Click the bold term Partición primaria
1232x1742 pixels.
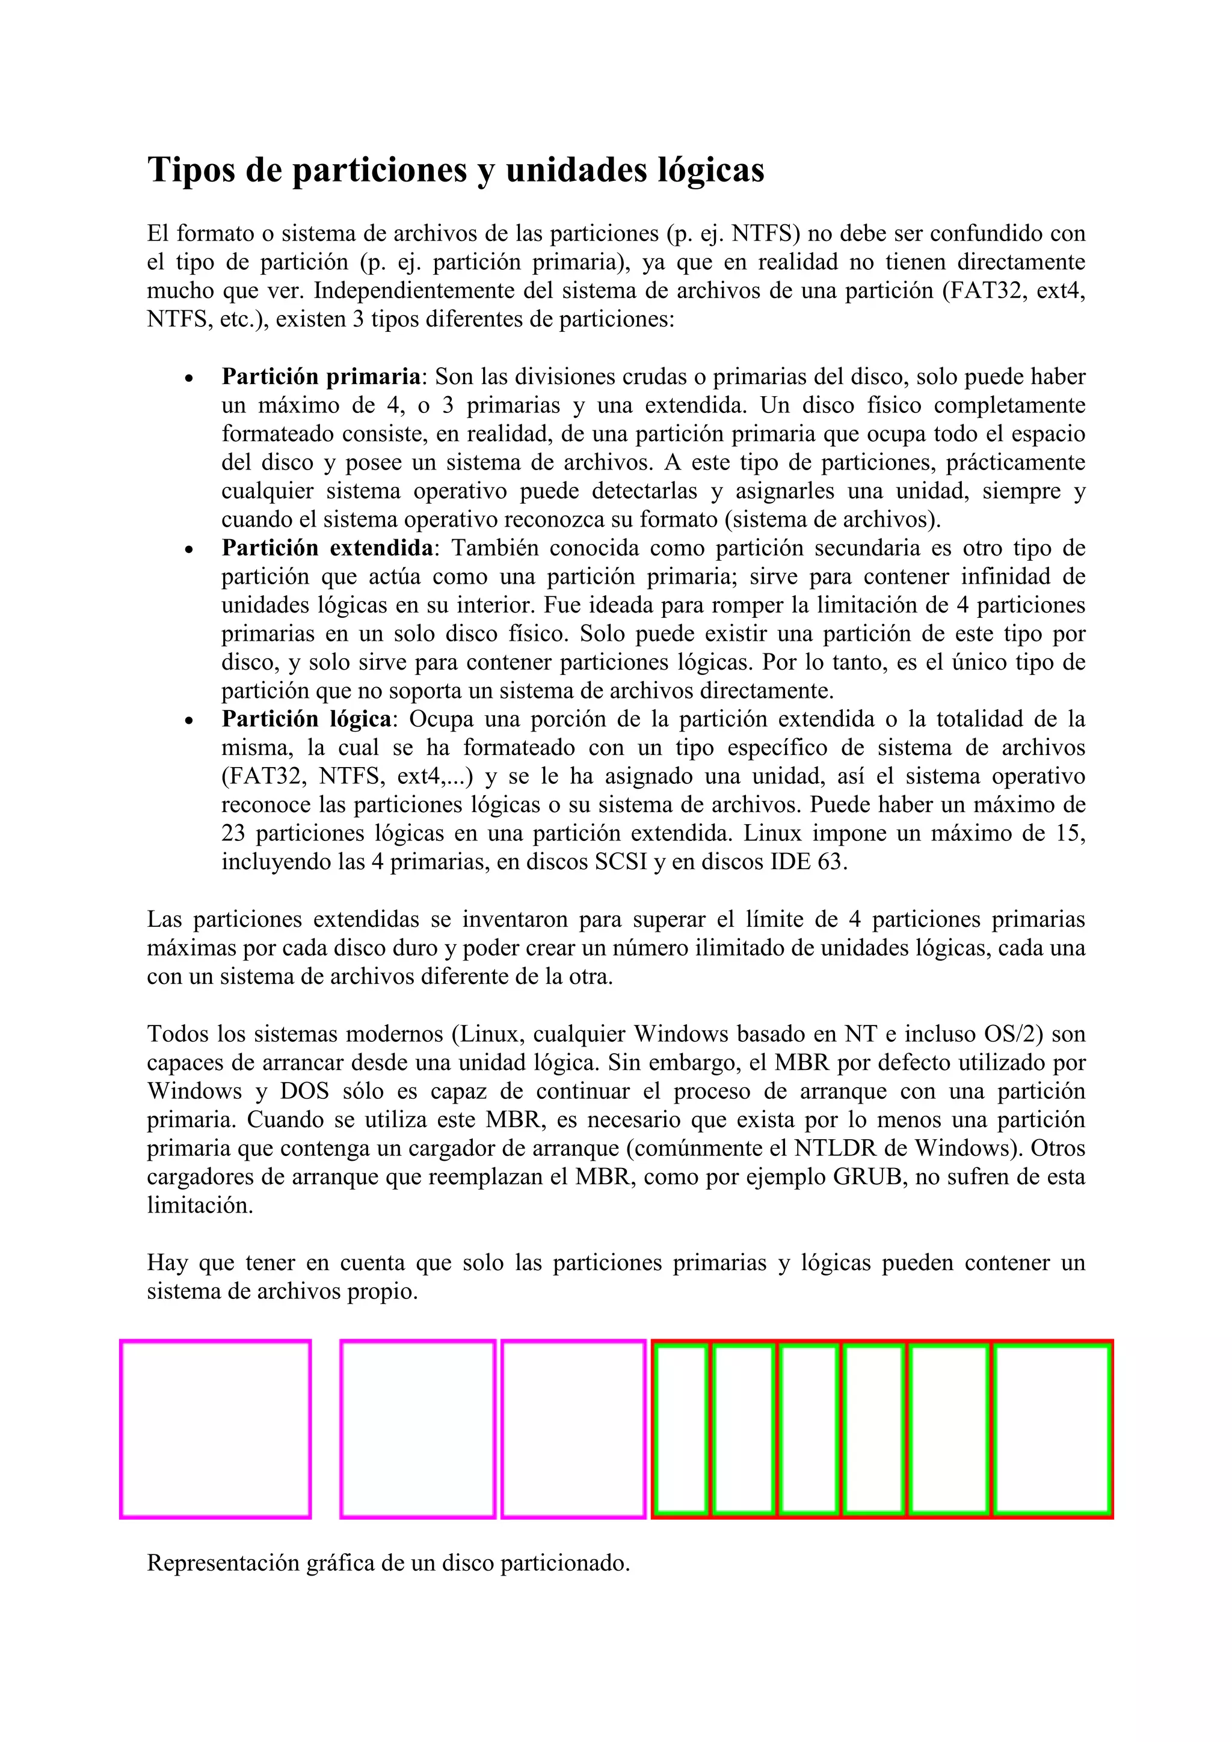[x=321, y=376]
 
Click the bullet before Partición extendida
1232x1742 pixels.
[x=189, y=549]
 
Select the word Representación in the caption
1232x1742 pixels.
[x=221, y=1563]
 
